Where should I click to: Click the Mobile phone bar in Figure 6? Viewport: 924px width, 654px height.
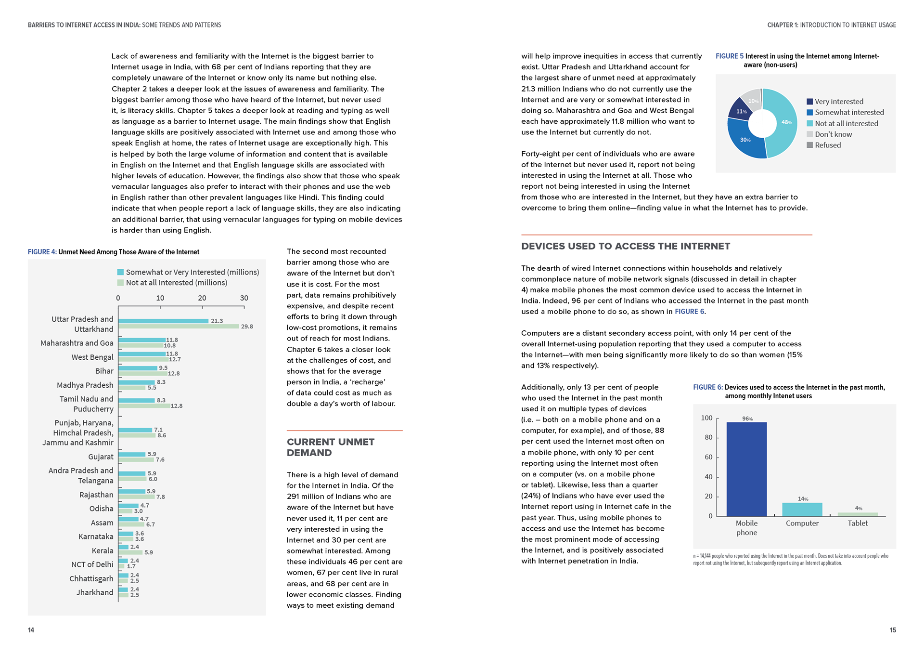click(x=746, y=469)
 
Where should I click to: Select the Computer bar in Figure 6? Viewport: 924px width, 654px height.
click(x=802, y=510)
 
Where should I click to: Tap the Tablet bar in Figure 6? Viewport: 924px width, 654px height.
click(x=858, y=514)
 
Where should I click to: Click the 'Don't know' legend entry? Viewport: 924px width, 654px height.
click(x=833, y=134)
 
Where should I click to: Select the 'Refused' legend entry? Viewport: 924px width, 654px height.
click(x=827, y=145)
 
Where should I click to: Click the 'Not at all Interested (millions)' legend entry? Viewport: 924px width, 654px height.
click(x=176, y=283)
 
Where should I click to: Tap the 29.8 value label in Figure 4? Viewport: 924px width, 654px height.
click(x=247, y=327)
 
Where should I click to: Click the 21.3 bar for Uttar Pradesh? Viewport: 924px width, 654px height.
click(x=164, y=321)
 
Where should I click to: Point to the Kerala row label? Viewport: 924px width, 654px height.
click(x=103, y=550)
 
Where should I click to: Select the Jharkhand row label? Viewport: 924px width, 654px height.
click(x=95, y=592)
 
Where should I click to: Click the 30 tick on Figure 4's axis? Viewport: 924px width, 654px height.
click(x=244, y=298)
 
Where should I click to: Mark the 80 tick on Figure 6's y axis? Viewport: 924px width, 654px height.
click(x=708, y=437)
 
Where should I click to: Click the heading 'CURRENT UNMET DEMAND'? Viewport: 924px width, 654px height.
click(x=330, y=447)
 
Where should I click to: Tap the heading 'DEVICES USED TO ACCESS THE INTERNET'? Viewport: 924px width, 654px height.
click(x=626, y=246)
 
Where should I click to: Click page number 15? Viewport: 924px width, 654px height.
click(x=893, y=630)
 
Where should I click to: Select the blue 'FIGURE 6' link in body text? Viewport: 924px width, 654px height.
click(x=689, y=312)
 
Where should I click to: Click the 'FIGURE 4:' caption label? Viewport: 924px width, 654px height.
click(x=42, y=252)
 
